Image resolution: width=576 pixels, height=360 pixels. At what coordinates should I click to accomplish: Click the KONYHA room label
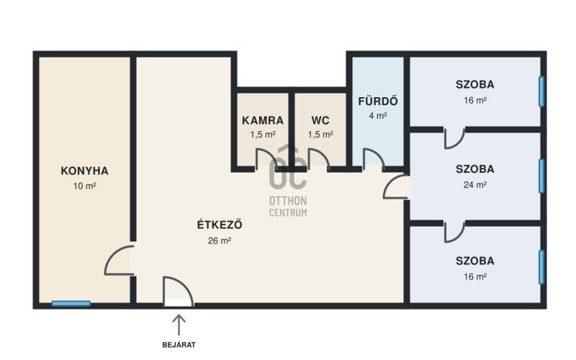(84, 171)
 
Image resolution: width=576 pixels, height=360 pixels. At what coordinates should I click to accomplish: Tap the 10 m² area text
(84, 186)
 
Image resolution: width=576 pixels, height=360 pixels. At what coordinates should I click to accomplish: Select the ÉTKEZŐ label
(220, 224)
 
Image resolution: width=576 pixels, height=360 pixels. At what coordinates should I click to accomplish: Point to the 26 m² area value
(220, 240)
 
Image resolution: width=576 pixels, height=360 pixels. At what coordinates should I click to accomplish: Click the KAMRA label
(263, 120)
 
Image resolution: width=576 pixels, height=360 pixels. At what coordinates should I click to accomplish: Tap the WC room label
(320, 120)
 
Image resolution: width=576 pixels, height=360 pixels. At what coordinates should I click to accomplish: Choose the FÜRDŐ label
(378, 101)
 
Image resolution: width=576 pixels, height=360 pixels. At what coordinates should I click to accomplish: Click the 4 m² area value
(378, 116)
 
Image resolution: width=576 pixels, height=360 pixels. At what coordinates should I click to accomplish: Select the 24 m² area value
(475, 185)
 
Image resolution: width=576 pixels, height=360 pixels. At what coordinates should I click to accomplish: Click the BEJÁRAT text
(179, 345)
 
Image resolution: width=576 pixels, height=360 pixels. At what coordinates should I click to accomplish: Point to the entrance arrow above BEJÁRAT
(179, 325)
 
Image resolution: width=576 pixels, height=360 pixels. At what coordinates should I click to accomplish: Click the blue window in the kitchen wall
(71, 303)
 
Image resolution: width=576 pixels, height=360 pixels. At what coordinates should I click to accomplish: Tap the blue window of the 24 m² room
(541, 176)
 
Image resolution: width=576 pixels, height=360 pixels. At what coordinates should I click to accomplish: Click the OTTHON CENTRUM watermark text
(288, 207)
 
